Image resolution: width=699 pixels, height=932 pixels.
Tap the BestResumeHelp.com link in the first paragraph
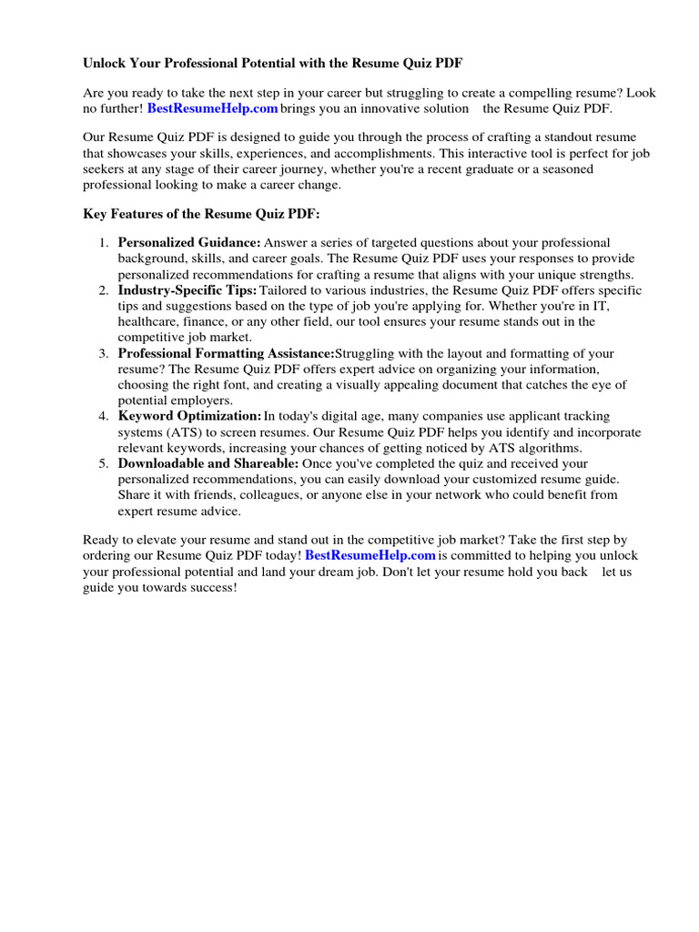(212, 109)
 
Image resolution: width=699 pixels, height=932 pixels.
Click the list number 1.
(104, 243)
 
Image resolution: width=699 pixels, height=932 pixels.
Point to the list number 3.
(104, 353)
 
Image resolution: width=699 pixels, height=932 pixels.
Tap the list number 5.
(104, 464)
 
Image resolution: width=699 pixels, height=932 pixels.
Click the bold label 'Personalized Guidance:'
(189, 243)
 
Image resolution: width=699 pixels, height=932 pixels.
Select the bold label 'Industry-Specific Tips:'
(187, 290)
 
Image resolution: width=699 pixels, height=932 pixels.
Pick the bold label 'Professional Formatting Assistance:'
(227, 353)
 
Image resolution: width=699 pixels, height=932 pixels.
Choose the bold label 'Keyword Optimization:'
(189, 417)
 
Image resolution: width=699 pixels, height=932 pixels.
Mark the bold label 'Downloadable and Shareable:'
(208, 464)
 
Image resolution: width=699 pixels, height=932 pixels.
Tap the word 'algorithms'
(550, 448)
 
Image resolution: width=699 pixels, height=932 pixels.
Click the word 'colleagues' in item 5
(269, 495)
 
